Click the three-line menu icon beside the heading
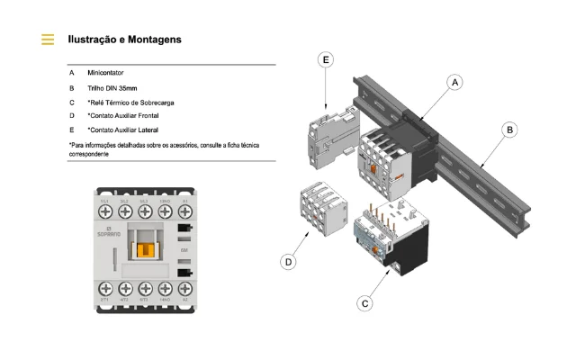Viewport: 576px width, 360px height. tap(48, 40)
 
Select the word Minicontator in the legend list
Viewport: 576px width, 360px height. tap(112, 72)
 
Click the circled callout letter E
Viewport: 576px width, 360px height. tap(327, 59)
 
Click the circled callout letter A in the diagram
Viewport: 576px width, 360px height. tap(455, 82)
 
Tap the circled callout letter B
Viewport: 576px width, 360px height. tap(509, 130)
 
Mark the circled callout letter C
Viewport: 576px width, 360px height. tap(365, 303)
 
